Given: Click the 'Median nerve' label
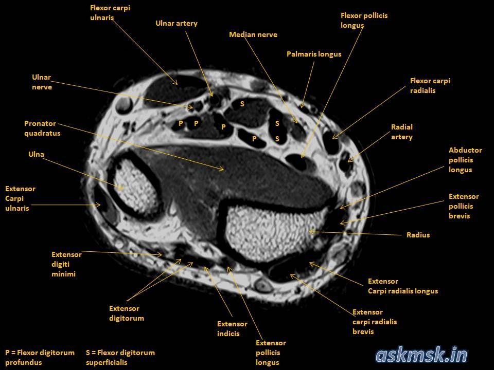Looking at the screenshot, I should click(253, 35).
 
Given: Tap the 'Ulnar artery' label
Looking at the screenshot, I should click(176, 24).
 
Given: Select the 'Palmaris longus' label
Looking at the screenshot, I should click(313, 54).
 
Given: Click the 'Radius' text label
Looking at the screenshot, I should click(418, 235).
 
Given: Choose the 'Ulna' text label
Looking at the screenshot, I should click(36, 154).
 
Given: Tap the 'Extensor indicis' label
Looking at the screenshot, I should click(232, 329).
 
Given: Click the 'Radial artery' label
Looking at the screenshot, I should click(402, 132).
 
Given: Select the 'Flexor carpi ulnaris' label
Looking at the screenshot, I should click(110, 13).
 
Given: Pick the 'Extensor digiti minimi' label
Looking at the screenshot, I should click(66, 264).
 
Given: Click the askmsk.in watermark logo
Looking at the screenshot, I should click(421, 355).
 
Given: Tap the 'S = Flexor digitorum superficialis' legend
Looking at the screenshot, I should click(120, 357).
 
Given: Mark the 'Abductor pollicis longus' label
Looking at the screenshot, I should click(465, 160).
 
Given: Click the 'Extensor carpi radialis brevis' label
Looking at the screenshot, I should click(375, 322).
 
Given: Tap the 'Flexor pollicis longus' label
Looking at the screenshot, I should click(364, 21).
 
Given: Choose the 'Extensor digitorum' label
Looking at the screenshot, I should click(126, 313).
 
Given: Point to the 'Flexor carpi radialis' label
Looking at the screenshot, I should click(430, 86).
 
